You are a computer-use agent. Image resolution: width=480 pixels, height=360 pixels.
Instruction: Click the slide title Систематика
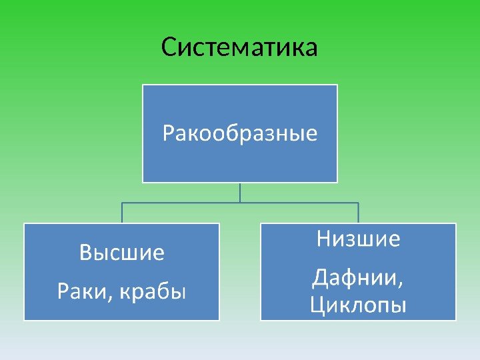pos(239,47)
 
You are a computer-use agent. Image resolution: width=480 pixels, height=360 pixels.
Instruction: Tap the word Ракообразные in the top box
pos(240,135)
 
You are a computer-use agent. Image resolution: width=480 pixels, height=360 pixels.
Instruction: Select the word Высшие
pos(121,253)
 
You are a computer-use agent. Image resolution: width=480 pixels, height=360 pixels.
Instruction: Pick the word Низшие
pos(358,239)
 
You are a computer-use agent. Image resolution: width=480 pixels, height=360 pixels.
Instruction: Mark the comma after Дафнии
pos(399,283)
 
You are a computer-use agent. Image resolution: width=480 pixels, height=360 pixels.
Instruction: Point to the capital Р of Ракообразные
pos(168,135)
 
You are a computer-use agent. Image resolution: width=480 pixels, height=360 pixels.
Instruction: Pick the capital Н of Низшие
pos(323,239)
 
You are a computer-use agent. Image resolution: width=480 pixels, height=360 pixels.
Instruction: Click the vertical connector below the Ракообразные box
pos(240,192)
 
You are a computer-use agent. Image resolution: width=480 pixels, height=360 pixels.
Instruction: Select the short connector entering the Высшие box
pos(121,213)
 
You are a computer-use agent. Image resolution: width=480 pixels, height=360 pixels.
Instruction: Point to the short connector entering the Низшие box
pos(358,213)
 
